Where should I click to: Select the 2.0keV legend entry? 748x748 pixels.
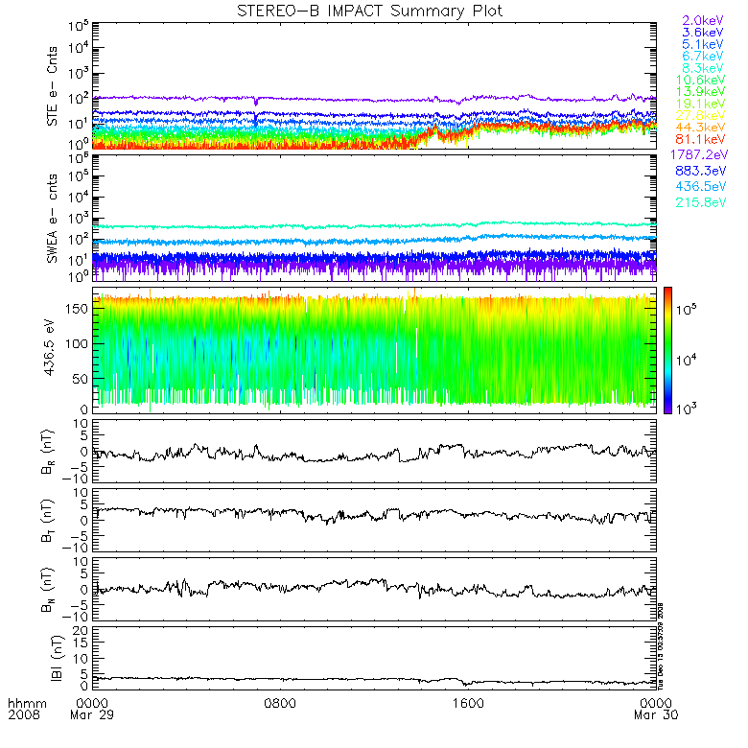pyautogui.click(x=702, y=20)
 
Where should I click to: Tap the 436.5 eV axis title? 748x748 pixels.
pyautogui.click(x=54, y=350)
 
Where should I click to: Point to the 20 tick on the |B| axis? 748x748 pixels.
pyautogui.click(x=83, y=629)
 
